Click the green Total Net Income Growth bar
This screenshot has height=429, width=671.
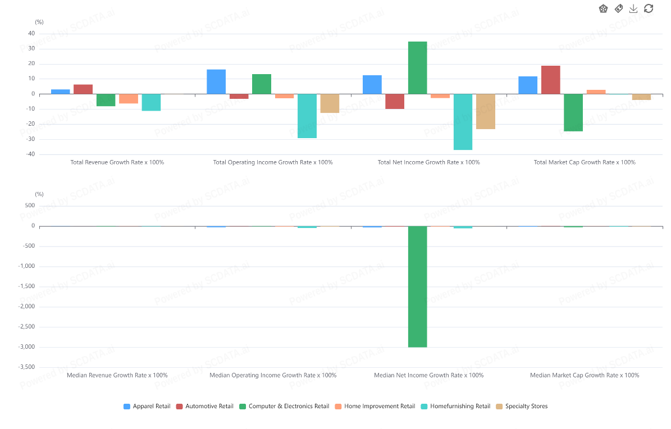pos(417,67)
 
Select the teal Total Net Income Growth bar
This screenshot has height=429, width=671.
pos(463,122)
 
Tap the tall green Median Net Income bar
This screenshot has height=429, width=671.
pos(417,286)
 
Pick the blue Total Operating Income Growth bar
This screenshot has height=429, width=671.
pos(216,81)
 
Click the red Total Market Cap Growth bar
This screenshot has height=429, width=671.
pos(550,80)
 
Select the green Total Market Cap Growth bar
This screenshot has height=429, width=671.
pos(573,112)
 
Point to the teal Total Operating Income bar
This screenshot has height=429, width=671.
pos(307,116)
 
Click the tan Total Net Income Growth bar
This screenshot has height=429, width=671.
pos(486,111)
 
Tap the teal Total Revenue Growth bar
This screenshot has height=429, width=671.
pos(151,102)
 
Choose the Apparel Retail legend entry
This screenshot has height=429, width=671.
pos(147,406)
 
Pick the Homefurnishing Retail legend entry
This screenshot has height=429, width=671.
pos(455,406)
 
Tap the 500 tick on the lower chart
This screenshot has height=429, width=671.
pos(30,206)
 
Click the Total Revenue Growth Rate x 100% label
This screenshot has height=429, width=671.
pos(117,162)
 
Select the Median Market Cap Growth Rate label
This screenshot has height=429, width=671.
pos(584,375)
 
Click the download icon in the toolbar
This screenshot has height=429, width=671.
pos(633,8)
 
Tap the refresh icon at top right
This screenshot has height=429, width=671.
pos(649,8)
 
